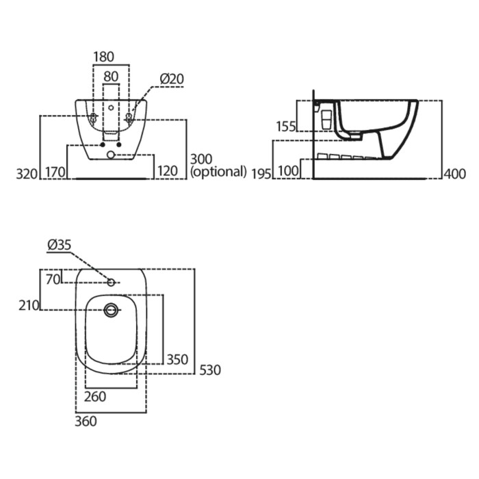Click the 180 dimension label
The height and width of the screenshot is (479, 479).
pos(103,57)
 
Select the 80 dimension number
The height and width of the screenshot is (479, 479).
pos(111,77)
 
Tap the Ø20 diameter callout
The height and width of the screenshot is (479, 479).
pos(172,79)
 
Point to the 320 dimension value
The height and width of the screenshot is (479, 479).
pos(27,174)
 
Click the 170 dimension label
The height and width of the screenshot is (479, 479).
pos(55,172)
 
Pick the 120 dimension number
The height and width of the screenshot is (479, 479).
pos(168,171)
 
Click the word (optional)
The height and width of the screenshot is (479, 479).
pos(218,172)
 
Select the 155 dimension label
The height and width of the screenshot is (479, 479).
pos(286,127)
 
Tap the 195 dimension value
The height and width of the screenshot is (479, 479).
pos(261,174)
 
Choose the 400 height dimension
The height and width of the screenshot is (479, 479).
pos(455,174)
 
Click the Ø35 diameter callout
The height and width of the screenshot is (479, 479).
pos(60,245)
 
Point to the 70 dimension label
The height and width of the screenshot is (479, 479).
pos(53,279)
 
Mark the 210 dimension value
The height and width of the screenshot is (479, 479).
pos(29,305)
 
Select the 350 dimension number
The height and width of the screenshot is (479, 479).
pos(177,359)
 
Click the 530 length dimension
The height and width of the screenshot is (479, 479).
pos(210,370)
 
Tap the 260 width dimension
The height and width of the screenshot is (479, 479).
pos(95,397)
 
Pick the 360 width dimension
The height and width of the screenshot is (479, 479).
pos(86,422)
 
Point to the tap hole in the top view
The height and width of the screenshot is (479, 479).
pos(111,283)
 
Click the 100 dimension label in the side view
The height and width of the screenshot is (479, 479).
pos(288,171)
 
